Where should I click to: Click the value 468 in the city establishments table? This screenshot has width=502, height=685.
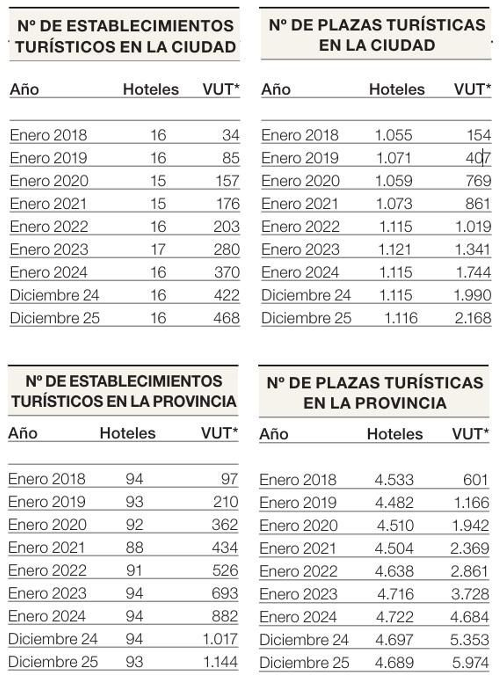click(x=226, y=318)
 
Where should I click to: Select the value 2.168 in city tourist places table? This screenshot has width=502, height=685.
click(x=473, y=318)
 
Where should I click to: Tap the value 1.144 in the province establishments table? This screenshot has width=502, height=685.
click(x=220, y=662)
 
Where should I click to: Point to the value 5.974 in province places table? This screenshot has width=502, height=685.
click(x=470, y=663)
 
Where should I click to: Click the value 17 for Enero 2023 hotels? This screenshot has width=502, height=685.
click(x=158, y=249)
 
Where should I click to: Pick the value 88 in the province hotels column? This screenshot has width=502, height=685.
click(x=135, y=548)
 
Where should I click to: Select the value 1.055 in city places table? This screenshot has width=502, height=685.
click(x=393, y=135)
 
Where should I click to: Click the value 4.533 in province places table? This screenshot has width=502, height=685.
click(x=394, y=480)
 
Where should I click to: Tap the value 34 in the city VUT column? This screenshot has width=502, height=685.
click(x=231, y=135)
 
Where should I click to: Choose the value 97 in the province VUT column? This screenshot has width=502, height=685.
click(x=229, y=479)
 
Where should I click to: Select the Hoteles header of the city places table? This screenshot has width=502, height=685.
click(x=397, y=89)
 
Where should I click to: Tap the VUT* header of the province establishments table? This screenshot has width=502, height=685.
click(x=219, y=433)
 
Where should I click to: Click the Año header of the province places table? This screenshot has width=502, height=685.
click(x=274, y=434)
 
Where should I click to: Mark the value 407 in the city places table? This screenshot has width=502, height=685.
click(x=478, y=158)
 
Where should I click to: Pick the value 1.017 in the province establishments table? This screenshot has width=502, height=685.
click(x=220, y=639)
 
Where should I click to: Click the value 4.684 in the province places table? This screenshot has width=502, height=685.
click(x=469, y=617)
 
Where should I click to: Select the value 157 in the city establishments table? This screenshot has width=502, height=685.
click(x=227, y=181)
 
